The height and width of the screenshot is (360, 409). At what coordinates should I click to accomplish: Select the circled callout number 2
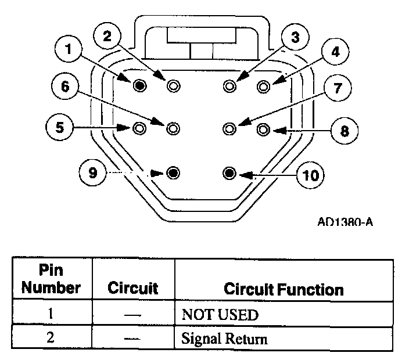tap(107, 36)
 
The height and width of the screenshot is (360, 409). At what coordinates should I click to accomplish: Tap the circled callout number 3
tap(295, 38)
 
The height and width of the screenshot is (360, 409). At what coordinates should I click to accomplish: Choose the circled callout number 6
tap(65, 86)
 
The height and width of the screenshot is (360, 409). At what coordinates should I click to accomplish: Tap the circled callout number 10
tap(311, 174)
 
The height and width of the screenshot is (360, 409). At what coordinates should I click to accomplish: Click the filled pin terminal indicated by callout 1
tap(140, 86)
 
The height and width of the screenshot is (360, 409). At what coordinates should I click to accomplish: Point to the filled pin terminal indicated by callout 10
tap(229, 173)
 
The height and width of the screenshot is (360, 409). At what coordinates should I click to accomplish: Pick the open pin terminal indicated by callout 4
tap(264, 87)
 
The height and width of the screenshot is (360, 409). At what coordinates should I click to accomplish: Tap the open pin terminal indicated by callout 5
tap(139, 128)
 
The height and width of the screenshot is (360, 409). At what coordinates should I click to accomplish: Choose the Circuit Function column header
tap(284, 289)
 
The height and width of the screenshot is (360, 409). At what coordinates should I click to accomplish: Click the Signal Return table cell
tap(224, 339)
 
